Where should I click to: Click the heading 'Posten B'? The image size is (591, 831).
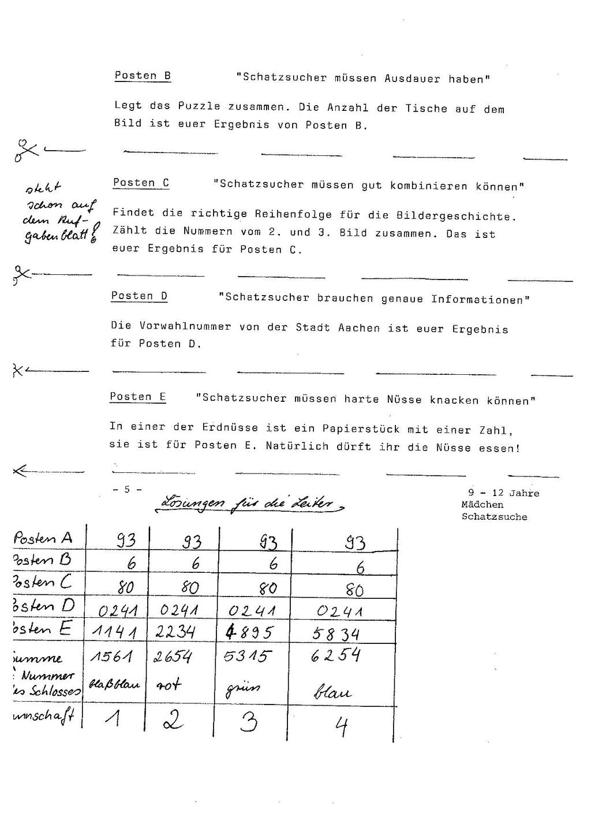[x=143, y=76]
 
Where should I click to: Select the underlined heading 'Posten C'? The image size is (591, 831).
[x=141, y=183]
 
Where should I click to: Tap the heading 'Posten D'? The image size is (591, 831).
[x=139, y=296]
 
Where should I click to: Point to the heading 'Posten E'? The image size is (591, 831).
[x=138, y=397]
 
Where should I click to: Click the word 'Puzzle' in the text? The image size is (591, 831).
[x=199, y=106]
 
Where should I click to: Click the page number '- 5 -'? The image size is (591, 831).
[x=128, y=490]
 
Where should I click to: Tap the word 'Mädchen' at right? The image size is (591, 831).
[x=482, y=505]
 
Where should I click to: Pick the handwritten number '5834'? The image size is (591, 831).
[x=336, y=634]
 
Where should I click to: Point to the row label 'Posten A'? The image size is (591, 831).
[x=43, y=538]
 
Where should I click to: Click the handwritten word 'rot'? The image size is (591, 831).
[x=169, y=685]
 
